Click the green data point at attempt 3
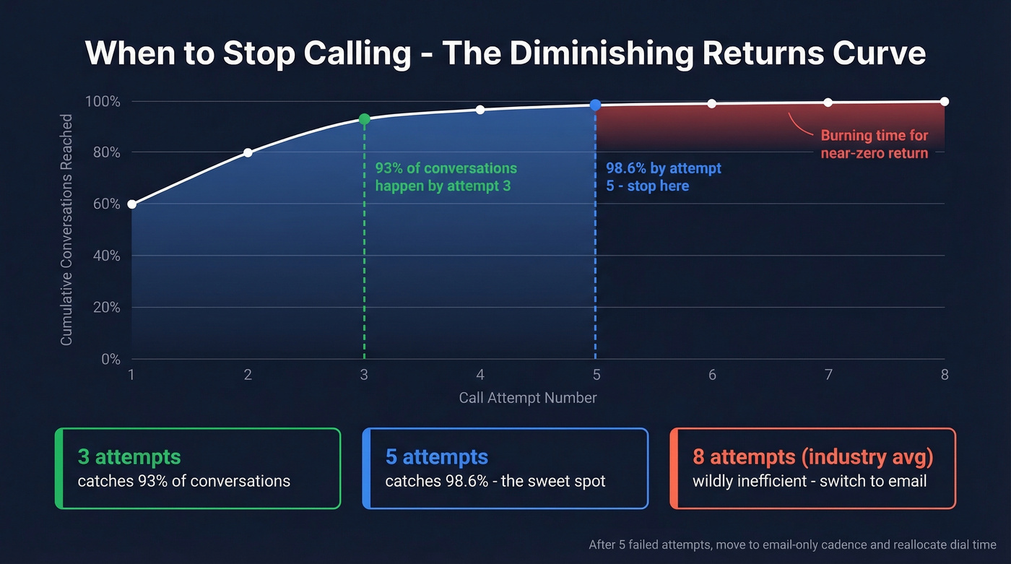click(364, 119)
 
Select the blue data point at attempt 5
click(595, 105)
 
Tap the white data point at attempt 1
click(131, 204)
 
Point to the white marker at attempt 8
click(945, 102)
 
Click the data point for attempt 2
click(248, 152)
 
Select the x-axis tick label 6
click(712, 375)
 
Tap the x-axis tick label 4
click(480, 375)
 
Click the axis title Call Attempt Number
click(528, 398)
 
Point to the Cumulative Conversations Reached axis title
click(66, 230)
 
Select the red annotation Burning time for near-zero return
click(874, 144)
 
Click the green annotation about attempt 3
click(446, 177)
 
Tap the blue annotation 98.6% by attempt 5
click(663, 177)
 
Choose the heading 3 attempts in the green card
click(129, 457)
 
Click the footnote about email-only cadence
click(792, 545)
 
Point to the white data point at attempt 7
click(828, 103)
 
